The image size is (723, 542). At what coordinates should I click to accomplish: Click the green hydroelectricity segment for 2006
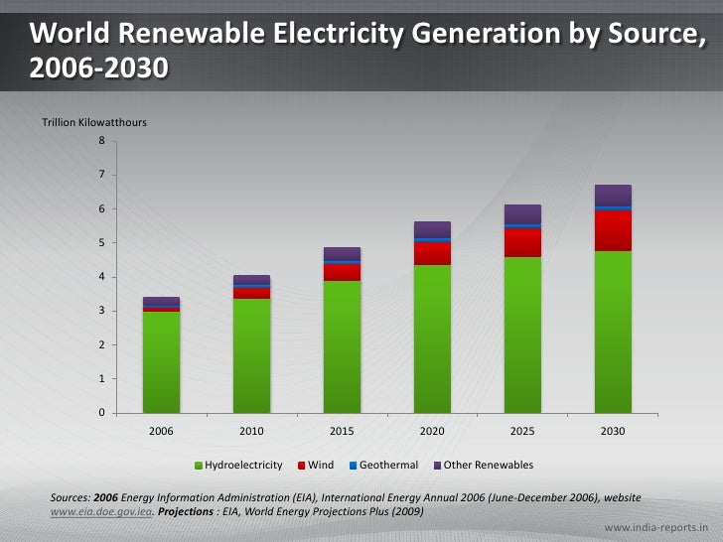point(161,361)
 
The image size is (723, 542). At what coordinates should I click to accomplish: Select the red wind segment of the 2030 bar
point(613,230)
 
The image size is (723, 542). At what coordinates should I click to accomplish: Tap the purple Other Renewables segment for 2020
point(432,229)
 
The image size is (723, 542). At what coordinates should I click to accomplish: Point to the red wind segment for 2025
point(522,242)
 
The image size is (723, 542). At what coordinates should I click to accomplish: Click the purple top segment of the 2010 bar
point(251,279)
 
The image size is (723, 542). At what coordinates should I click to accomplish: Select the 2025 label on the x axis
point(522,432)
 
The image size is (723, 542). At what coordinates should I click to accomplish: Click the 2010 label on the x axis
point(251,432)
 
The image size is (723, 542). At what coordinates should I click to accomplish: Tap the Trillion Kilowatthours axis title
point(94,122)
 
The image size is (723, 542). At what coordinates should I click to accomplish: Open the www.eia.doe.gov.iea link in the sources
point(100,511)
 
